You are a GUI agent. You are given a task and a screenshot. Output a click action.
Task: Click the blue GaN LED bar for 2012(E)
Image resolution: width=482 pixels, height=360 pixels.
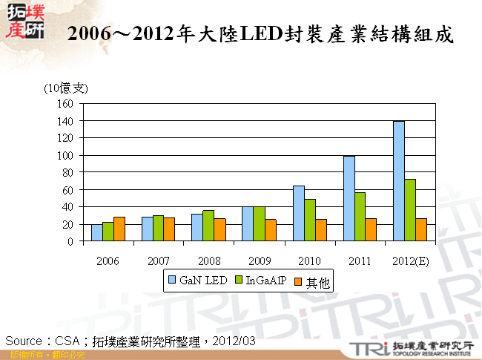[x=398, y=181]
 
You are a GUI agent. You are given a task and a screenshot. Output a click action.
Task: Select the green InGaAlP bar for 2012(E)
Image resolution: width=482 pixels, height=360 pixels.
[x=410, y=210]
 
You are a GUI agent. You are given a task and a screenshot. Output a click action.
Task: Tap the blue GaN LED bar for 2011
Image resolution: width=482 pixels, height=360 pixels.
[x=349, y=198]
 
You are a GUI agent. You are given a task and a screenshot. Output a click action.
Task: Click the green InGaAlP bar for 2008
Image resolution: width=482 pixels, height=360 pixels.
[x=208, y=226]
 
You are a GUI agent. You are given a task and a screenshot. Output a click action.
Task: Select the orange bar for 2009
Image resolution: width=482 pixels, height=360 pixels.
[x=270, y=230]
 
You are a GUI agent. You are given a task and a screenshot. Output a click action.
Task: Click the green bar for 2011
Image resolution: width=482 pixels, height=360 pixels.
[x=360, y=217]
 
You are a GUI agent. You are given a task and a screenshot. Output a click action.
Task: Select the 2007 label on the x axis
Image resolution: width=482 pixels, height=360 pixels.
[x=158, y=261]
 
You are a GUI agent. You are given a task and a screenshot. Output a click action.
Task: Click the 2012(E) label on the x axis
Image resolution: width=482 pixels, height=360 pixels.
[x=409, y=261]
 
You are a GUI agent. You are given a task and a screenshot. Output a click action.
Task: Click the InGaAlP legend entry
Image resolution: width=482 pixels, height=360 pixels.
[x=259, y=281]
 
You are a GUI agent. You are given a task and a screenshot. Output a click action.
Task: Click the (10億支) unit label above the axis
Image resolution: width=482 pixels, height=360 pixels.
[x=66, y=88]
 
